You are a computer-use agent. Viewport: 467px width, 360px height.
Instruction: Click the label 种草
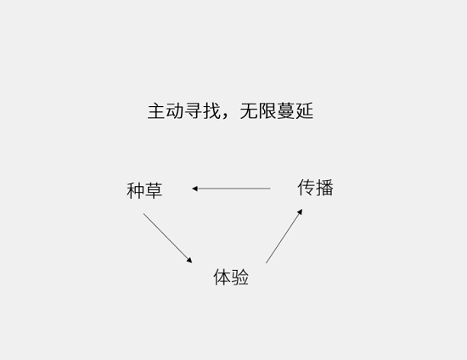pos(144,190)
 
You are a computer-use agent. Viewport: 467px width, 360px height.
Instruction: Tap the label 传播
pos(315,188)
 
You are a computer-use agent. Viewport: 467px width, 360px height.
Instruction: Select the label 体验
pos(231,277)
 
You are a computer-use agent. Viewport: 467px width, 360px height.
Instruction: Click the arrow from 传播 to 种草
pos(231,188)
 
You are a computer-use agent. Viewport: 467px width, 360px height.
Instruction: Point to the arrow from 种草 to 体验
pos(167,238)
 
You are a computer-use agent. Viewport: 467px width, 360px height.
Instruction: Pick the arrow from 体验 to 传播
pos(284,236)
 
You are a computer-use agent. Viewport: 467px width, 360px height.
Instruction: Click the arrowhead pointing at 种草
pos(194,188)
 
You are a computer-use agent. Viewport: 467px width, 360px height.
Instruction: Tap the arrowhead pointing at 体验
pos(189,261)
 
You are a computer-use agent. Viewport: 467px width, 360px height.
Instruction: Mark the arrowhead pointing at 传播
pos(300,212)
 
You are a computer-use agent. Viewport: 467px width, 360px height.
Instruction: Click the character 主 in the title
pos(157,111)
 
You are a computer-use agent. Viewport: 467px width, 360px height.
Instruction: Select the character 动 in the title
pos(175,111)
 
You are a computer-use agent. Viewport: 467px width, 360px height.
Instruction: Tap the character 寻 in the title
pos(194,111)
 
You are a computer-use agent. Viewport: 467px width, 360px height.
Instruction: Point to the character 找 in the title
pos(211,111)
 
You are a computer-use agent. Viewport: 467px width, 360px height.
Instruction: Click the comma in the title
pos(225,116)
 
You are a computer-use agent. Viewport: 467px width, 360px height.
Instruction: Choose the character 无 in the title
pos(249,111)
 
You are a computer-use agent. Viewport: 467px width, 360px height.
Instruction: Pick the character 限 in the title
pos(267,111)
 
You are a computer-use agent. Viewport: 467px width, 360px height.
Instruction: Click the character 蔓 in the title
pos(285,111)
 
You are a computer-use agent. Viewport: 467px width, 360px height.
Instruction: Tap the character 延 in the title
pos(304,111)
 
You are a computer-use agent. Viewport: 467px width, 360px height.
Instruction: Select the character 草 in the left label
pos(154,190)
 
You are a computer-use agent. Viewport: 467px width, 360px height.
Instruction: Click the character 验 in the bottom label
pos(240,277)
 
